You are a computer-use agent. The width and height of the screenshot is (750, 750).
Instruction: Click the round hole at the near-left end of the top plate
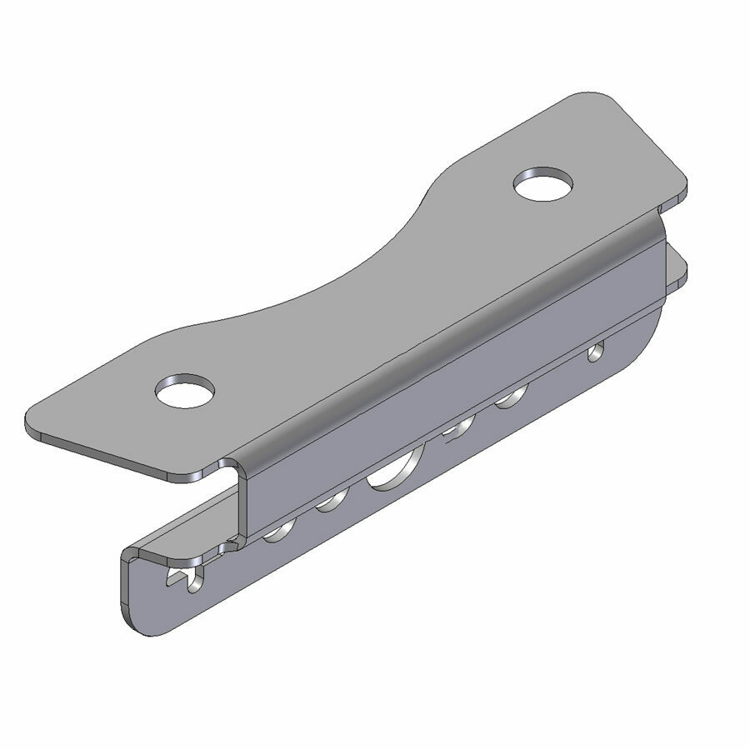coord(185,390)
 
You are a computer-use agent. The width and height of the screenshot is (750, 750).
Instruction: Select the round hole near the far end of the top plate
coord(544,183)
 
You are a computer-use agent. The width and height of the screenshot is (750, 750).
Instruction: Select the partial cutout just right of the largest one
coord(457,429)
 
